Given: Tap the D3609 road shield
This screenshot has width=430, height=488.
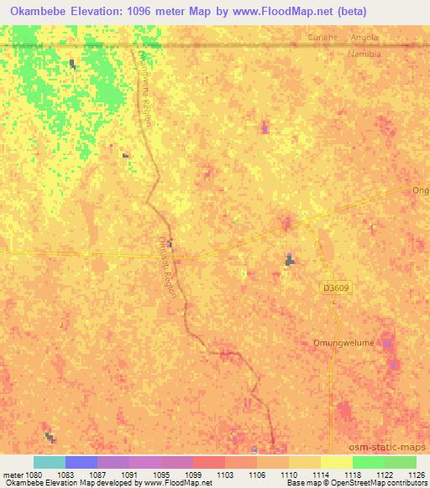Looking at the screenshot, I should [334, 287].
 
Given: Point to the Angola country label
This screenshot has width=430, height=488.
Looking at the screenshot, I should [365, 39].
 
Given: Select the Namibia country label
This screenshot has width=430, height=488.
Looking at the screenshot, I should [364, 54].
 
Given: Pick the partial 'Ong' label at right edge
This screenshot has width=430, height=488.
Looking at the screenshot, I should [420, 190].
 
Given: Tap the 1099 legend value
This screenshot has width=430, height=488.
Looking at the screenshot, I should [192, 475].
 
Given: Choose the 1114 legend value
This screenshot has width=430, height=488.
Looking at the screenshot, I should [320, 475].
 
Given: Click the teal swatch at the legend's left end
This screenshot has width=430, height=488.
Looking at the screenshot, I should [50, 462].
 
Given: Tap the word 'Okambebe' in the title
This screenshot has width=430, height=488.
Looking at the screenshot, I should [34, 10].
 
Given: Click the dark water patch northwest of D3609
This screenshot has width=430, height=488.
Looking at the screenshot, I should [290, 261].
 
